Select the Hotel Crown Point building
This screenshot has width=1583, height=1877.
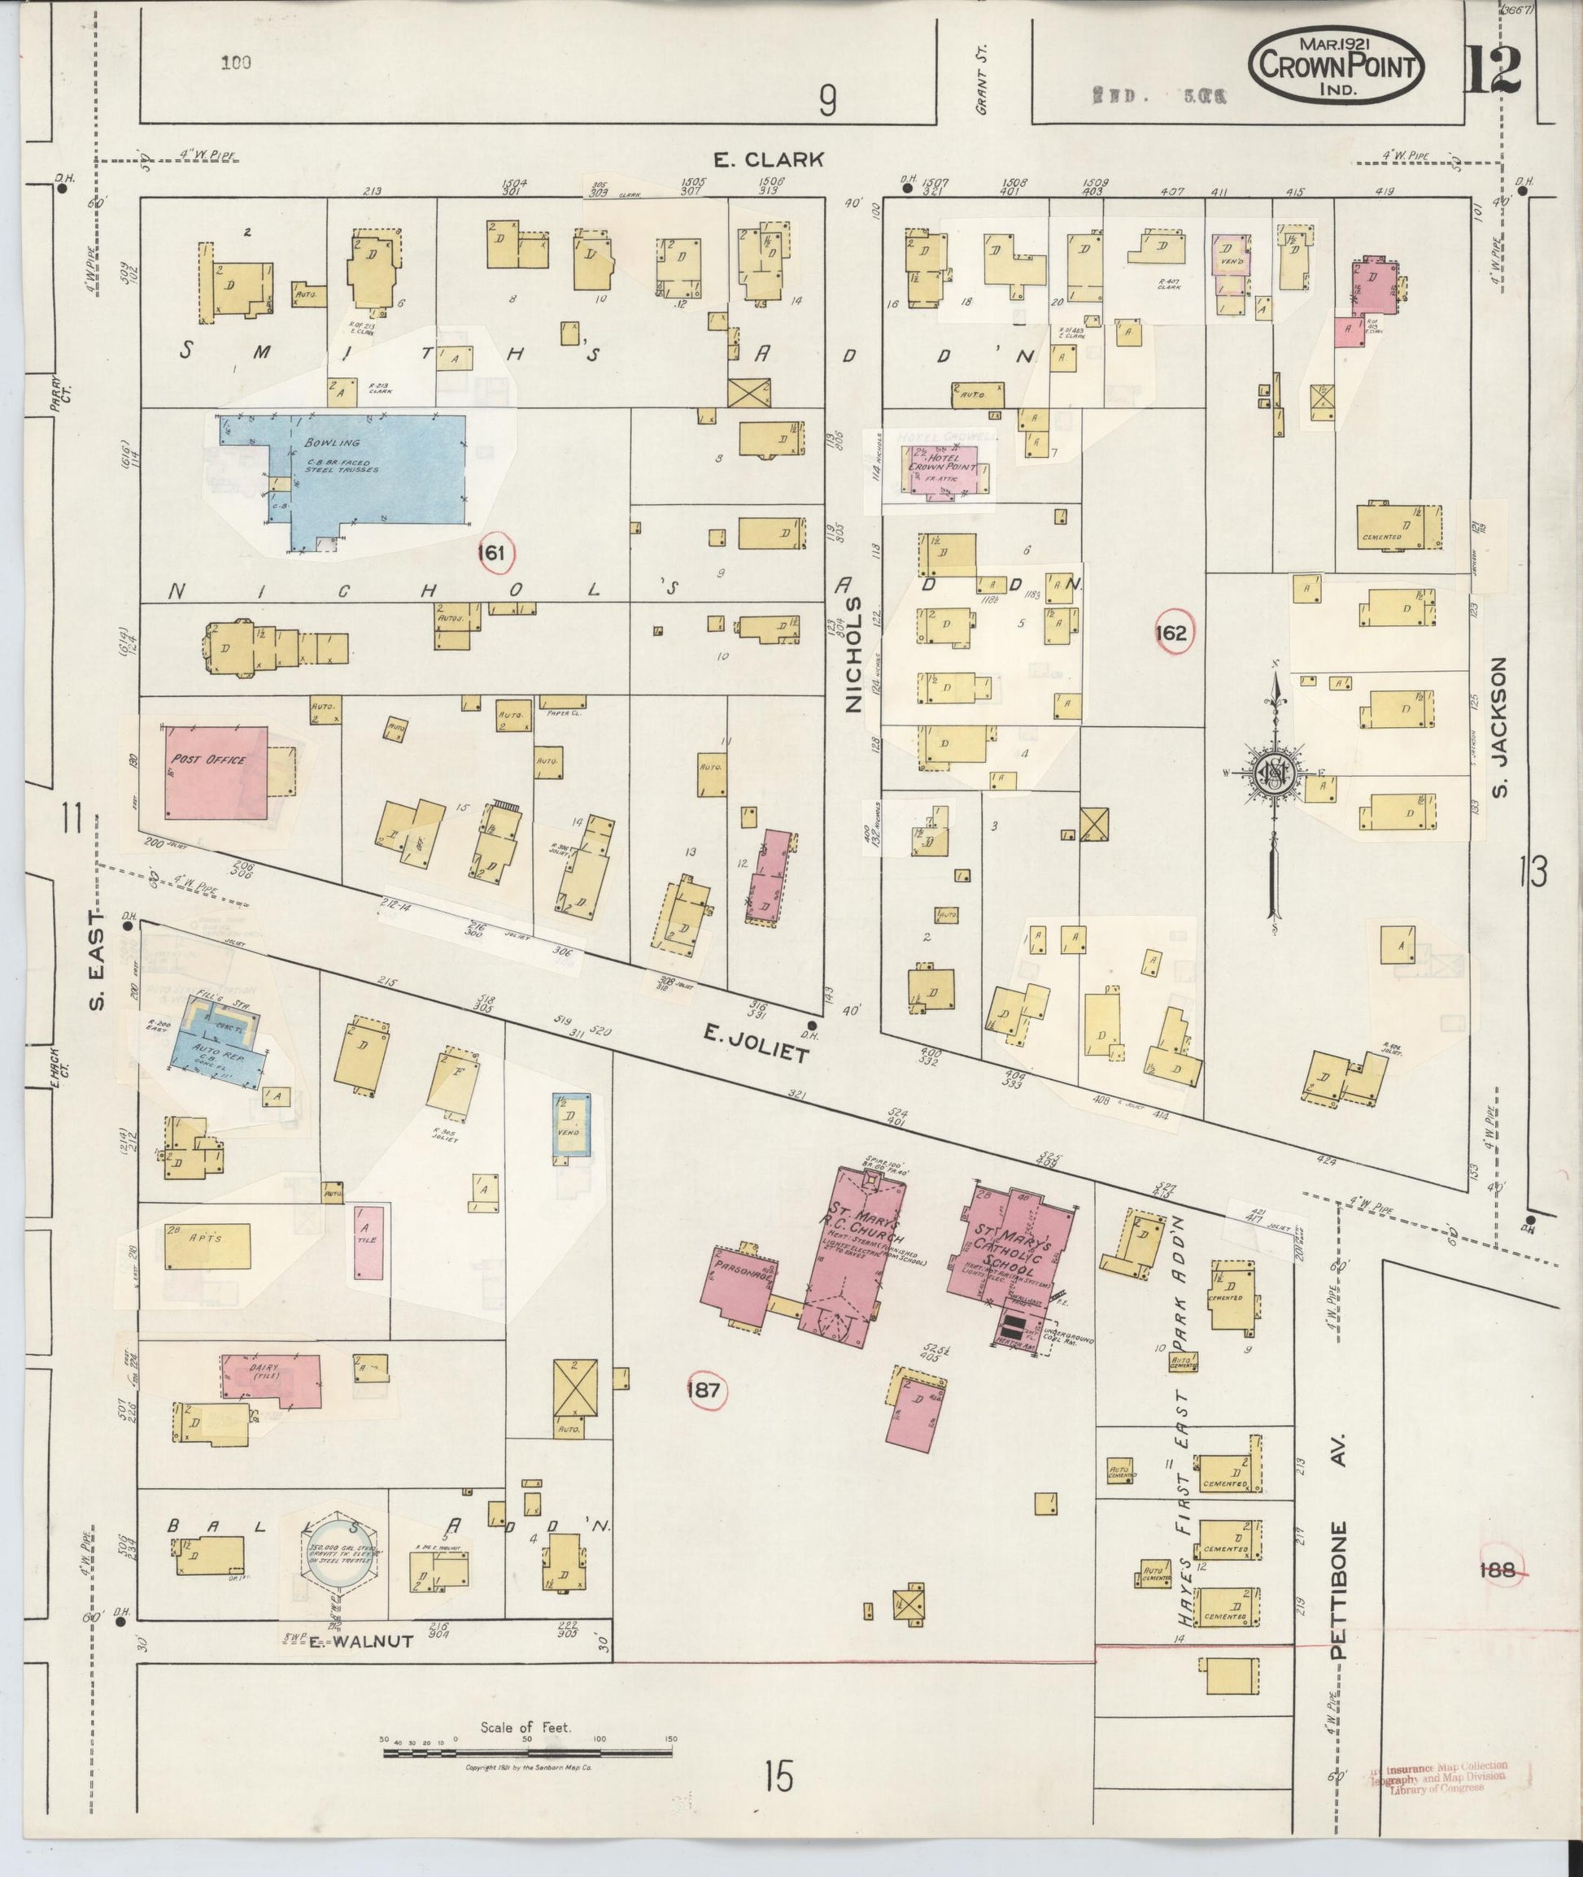tap(949, 468)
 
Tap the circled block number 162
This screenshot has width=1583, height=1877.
tap(1172, 633)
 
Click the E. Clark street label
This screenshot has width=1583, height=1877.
tap(768, 159)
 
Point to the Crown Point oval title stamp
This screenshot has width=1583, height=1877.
tap(1339, 68)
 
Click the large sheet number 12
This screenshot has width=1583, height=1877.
tap(1494, 70)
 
